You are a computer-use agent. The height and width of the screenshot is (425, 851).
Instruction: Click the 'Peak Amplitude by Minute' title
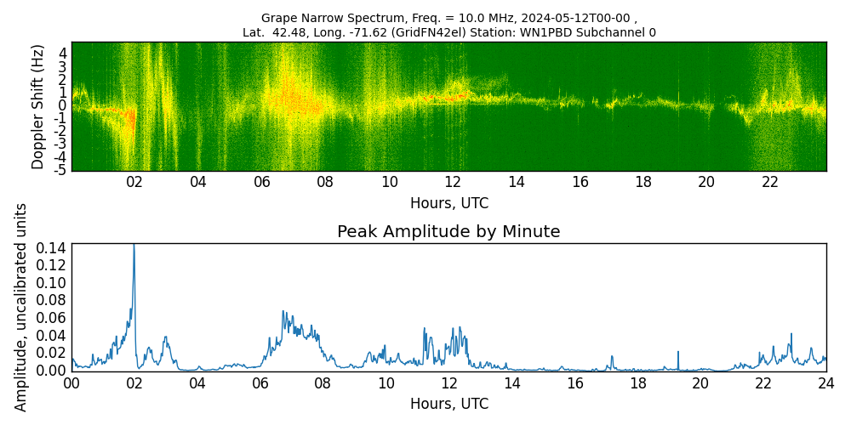[448, 232]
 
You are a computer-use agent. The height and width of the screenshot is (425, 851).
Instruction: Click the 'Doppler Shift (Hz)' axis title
[37, 106]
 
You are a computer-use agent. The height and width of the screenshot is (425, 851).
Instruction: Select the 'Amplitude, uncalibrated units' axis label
[21, 307]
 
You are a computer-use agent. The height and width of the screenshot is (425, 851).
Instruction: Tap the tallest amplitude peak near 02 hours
[134, 246]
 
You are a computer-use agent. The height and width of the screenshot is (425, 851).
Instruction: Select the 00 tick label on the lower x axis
[71, 383]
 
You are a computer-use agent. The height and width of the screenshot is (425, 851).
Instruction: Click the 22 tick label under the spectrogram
[770, 182]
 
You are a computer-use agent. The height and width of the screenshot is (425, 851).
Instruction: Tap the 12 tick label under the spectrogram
[453, 182]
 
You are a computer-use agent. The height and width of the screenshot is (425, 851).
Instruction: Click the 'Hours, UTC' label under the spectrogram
[448, 203]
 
